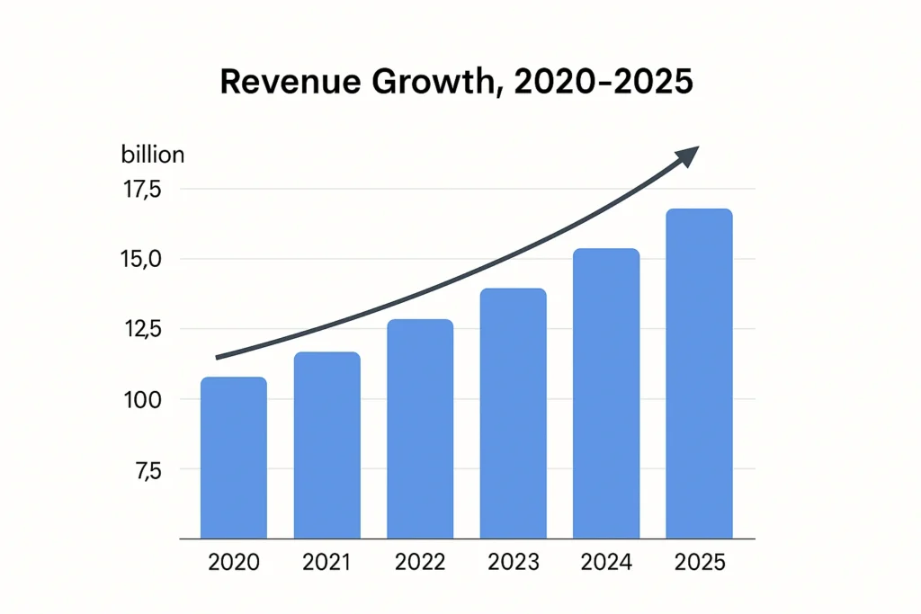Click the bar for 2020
click(234, 458)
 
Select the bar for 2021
click(327, 446)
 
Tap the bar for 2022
click(420, 430)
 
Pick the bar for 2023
click(513, 414)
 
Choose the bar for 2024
click(606, 394)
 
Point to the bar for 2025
click(699, 374)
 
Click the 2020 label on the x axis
click(234, 563)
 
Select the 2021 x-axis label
click(327, 563)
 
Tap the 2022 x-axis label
click(420, 563)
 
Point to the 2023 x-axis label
click(513, 563)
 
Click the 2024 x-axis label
click(606, 563)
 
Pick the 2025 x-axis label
click(699, 563)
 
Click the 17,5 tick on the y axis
click(142, 190)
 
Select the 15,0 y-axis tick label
click(142, 260)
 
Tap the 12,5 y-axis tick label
click(142, 330)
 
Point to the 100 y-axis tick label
click(142, 399)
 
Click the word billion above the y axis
click(152, 155)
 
